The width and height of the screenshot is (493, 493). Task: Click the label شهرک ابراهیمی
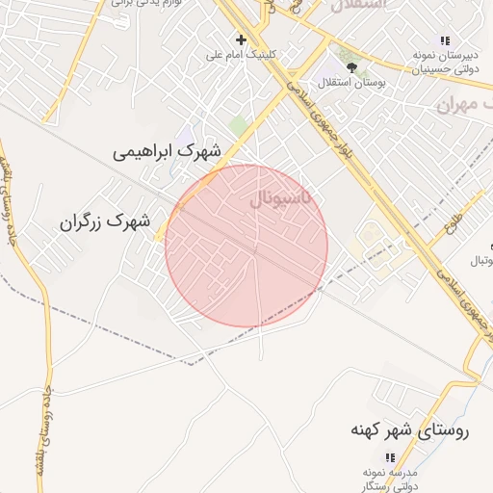click(x=167, y=152)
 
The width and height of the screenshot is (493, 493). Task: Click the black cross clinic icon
click(x=241, y=39)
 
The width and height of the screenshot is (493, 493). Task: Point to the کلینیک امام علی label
click(x=241, y=55)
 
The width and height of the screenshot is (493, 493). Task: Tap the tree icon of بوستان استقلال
click(x=351, y=67)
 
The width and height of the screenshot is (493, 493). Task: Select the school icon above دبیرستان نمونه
click(x=444, y=40)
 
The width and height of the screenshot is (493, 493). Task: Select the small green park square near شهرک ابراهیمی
click(x=238, y=126)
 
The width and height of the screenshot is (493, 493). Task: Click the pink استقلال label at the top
click(x=357, y=6)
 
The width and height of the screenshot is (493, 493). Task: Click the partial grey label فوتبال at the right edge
click(x=480, y=261)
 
